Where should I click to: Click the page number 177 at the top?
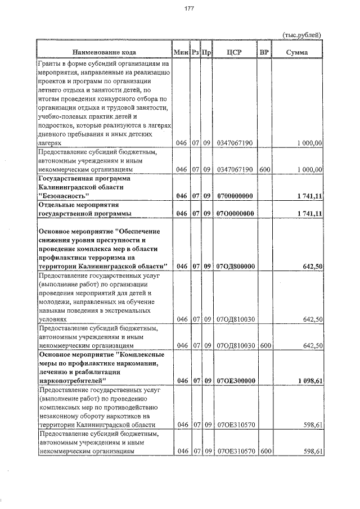click(x=188, y=8)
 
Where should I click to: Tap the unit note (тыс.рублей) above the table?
click(x=301, y=35)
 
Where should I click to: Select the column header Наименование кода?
click(x=104, y=52)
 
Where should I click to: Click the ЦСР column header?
click(x=235, y=52)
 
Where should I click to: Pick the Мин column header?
click(x=181, y=52)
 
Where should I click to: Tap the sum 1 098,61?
click(x=308, y=381)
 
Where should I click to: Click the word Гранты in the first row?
click(x=49, y=64)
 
